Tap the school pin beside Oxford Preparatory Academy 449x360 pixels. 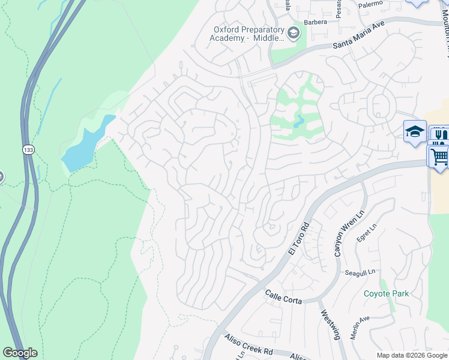pos(294,32)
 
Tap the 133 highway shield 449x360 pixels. pos(28,150)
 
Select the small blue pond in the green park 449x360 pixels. pos(298,122)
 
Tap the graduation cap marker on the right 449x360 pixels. pos(415,131)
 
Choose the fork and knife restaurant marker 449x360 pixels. pos(440,134)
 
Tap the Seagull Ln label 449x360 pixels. pos(360,272)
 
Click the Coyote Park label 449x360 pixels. pos(386,293)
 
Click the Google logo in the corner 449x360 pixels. pos(20,353)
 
